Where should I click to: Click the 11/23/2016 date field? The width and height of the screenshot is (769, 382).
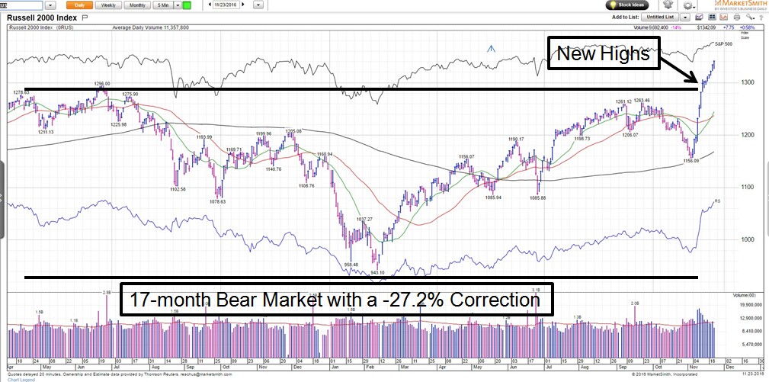click(x=228, y=5)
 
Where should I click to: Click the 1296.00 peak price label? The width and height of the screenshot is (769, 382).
click(x=103, y=84)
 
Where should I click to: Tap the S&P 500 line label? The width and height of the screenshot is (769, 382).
click(x=723, y=43)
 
